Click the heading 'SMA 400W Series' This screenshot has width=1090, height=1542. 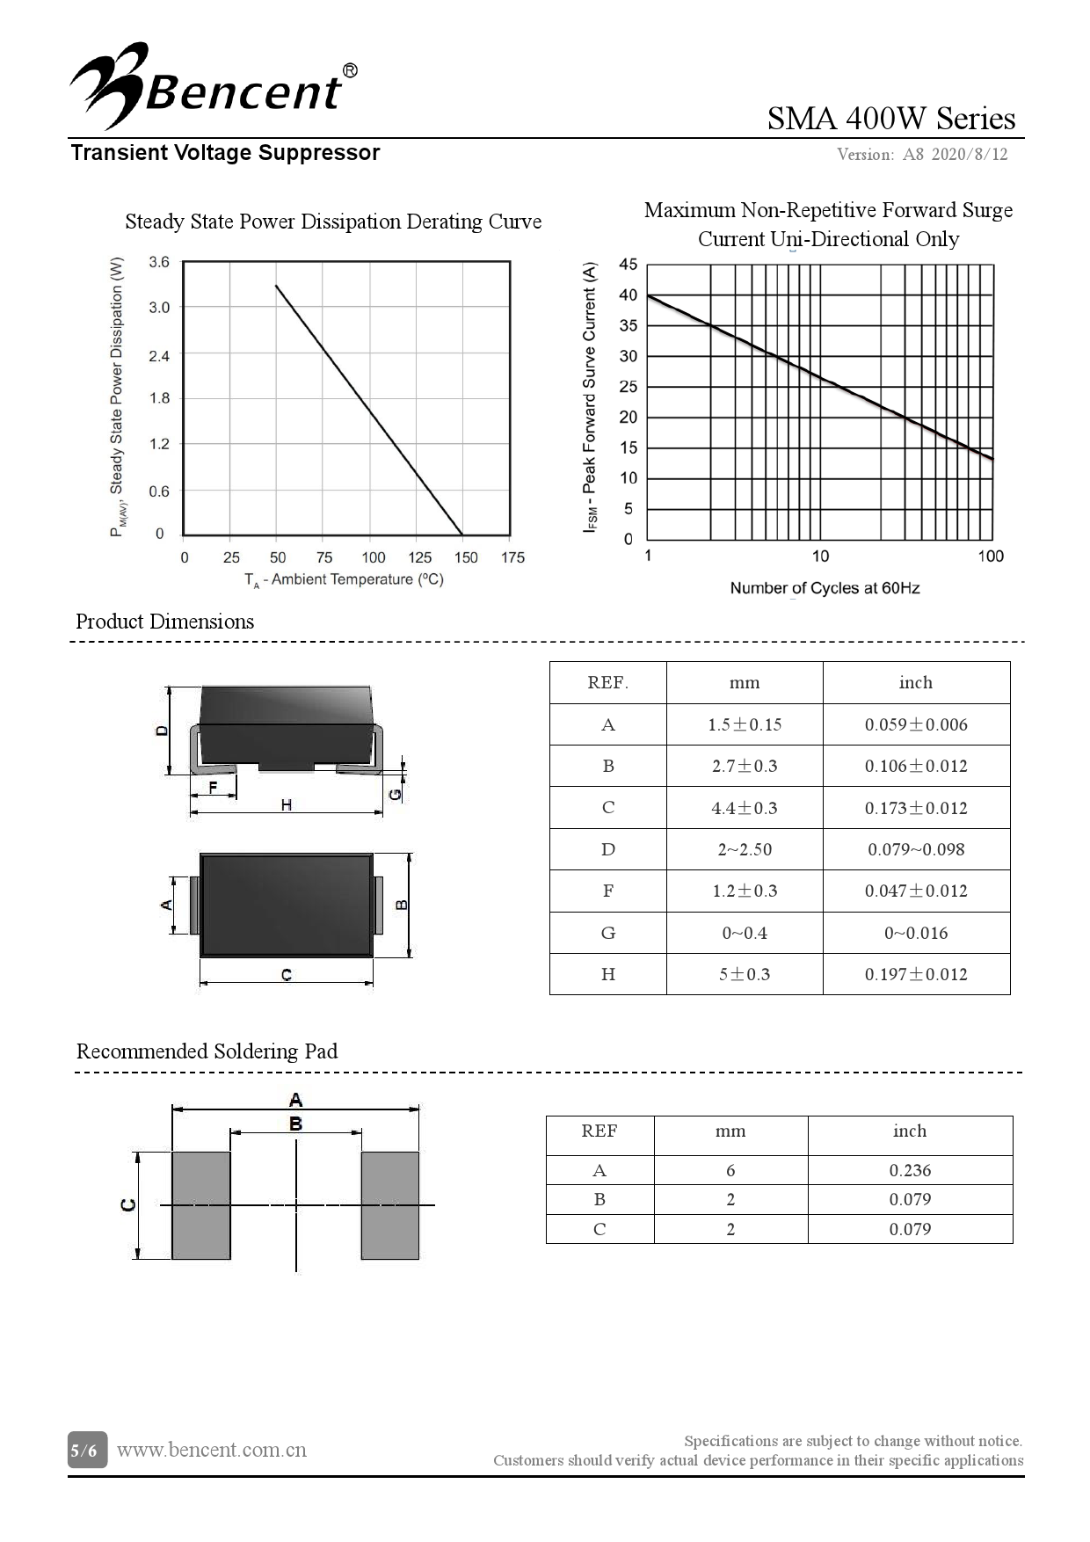(890, 118)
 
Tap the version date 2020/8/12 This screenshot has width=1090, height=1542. (969, 155)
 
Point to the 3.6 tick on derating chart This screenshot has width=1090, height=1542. (159, 262)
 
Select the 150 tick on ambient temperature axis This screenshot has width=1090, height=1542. (466, 557)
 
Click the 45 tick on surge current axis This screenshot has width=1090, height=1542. (628, 265)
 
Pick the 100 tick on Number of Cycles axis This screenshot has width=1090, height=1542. (990, 556)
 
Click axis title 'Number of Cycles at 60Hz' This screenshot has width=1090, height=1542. (825, 588)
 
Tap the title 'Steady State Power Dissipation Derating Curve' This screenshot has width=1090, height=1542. (333, 222)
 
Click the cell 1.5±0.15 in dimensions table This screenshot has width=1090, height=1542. (745, 724)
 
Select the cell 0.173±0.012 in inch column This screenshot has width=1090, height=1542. (916, 808)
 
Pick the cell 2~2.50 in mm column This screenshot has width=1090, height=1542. (745, 849)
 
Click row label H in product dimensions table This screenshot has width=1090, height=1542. (607, 974)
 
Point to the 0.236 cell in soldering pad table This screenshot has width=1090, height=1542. (910, 1170)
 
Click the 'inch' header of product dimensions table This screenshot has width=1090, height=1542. (916, 683)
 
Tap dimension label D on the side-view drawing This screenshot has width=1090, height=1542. (162, 731)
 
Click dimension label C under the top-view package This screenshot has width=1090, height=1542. (287, 975)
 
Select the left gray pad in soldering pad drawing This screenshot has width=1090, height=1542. (200, 1204)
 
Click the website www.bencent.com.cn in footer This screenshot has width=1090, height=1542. (212, 1450)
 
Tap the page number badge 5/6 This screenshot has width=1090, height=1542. (87, 1450)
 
